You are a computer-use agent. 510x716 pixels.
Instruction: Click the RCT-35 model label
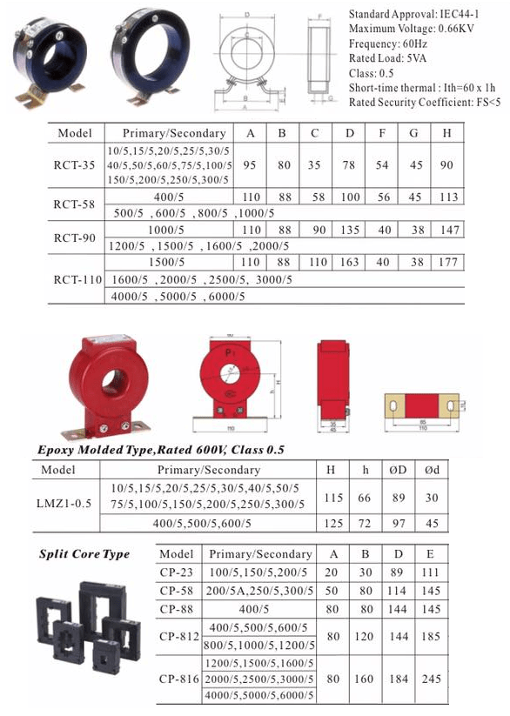(x=74, y=164)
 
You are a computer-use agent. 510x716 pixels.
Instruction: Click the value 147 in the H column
(x=447, y=230)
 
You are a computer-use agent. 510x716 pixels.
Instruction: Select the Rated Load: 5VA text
(x=387, y=58)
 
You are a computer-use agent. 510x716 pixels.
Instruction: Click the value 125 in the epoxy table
(x=330, y=524)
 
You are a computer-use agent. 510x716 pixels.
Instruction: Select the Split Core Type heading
(x=84, y=554)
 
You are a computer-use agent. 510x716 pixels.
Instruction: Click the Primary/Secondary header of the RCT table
(x=174, y=134)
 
